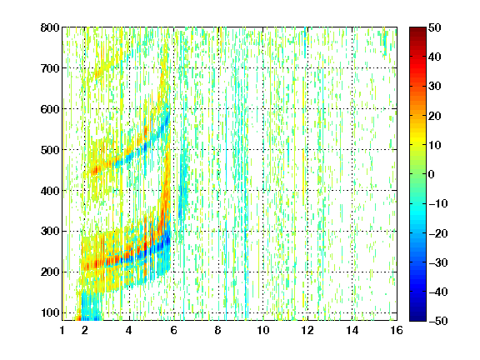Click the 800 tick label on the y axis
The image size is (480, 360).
tap(50, 27)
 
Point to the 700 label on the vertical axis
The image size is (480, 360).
tap(50, 68)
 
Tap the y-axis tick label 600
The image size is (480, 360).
tap(50, 109)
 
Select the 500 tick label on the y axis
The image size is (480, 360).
tap(50, 150)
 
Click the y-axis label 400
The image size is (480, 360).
tap(50, 191)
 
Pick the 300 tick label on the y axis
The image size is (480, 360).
tap(50, 232)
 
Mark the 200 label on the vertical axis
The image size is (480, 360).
tap(50, 272)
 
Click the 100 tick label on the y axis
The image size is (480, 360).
tap(50, 312)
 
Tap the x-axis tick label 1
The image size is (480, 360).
tap(62, 330)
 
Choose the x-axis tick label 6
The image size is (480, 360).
tap(173, 330)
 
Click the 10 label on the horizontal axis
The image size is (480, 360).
tap(263, 330)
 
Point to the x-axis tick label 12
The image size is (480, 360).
tap(307, 330)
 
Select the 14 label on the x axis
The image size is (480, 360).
tap(352, 330)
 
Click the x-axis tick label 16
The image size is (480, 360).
tap(397, 330)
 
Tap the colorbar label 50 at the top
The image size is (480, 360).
tap(434, 27)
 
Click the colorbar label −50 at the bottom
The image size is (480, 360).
tap(437, 321)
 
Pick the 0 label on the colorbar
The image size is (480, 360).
tap(431, 174)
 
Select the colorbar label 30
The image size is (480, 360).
tap(434, 87)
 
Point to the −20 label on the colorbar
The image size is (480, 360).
tap(437, 233)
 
